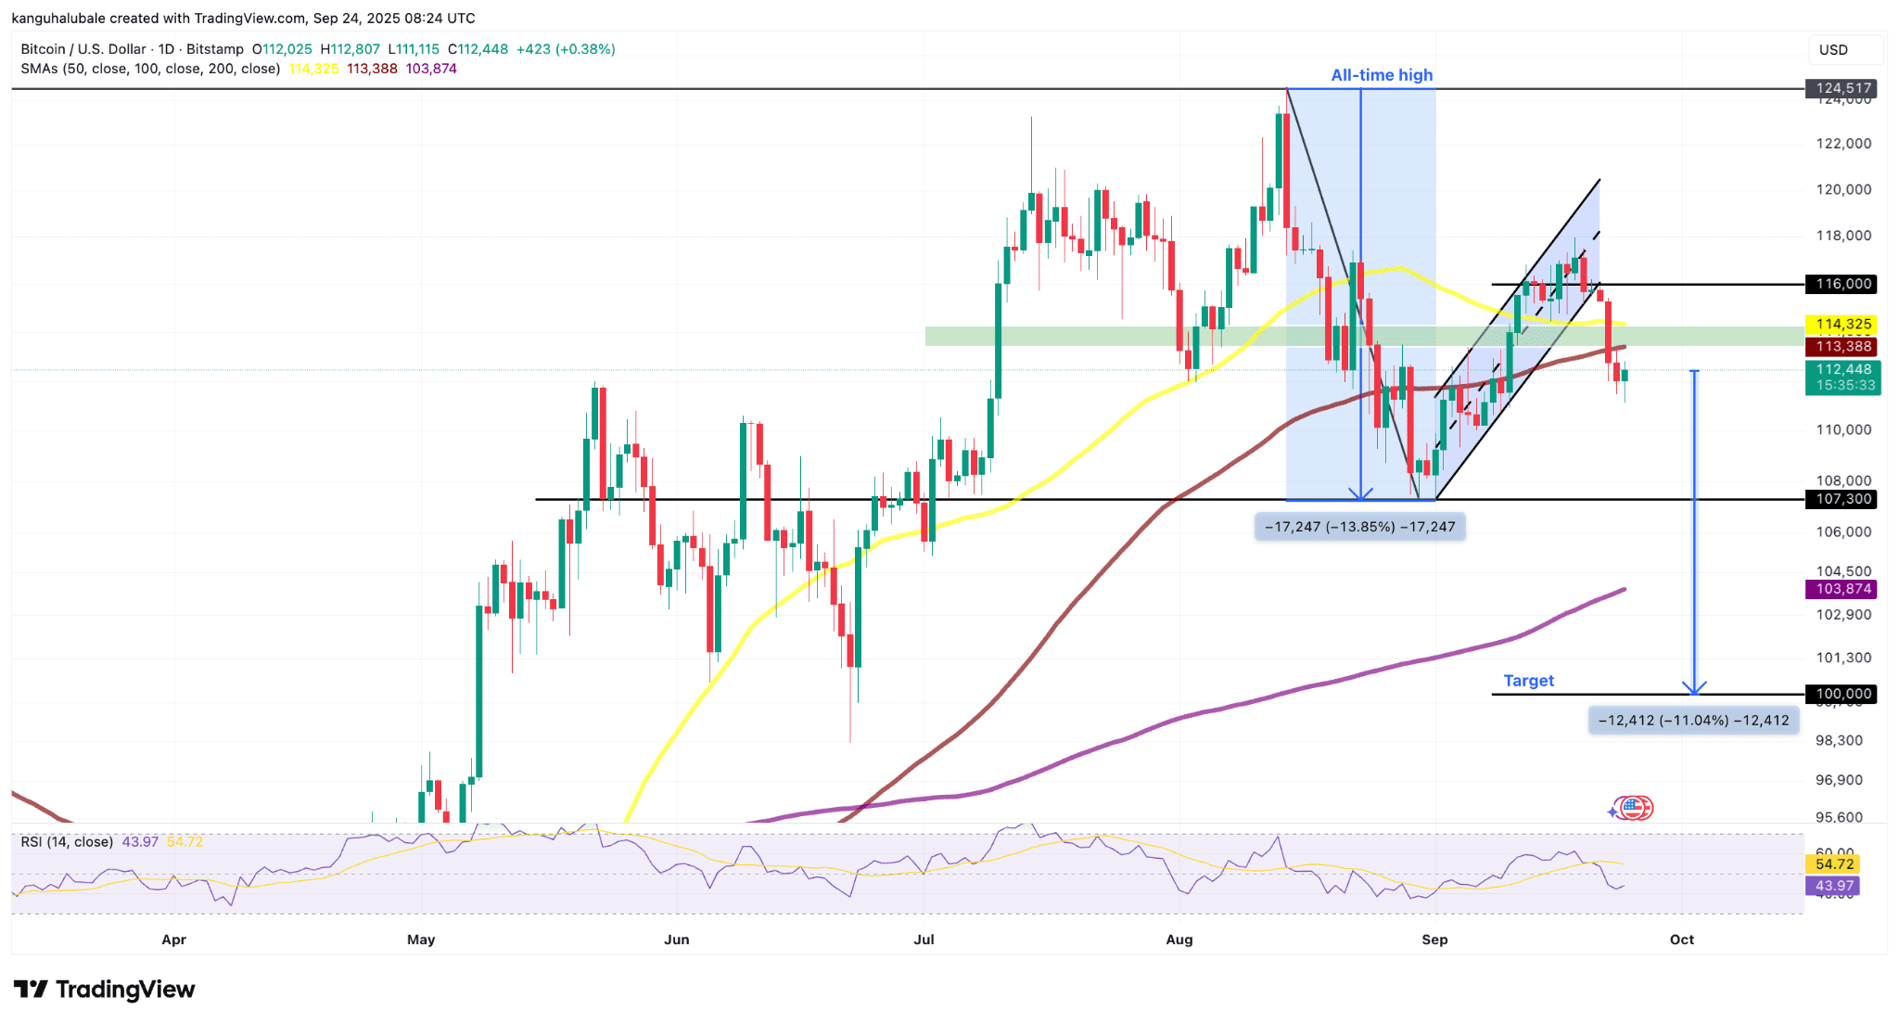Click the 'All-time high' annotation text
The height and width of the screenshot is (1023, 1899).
[x=1382, y=75]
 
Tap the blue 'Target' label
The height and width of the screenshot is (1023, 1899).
[x=1528, y=681]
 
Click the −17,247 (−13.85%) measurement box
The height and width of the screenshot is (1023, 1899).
[x=1360, y=527]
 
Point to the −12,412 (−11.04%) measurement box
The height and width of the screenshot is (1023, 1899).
[x=1694, y=721]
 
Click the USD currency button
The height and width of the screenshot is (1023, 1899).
[x=1833, y=50]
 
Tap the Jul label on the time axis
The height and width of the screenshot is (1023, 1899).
[x=924, y=940]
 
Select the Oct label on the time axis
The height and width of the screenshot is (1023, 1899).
[x=1681, y=940]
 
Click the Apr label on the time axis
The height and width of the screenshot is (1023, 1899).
[x=173, y=940]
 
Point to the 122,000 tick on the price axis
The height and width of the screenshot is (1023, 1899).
[x=1843, y=144]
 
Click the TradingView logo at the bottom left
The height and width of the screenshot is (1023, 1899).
[x=104, y=990]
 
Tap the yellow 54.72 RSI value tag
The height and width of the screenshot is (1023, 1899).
[x=1834, y=864]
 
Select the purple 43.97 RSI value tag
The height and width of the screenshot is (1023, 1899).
[x=1834, y=886]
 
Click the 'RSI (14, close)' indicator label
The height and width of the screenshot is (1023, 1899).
[x=67, y=842]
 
